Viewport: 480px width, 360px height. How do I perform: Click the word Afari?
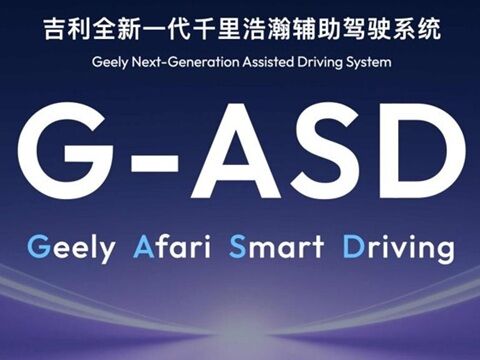pyautogui.click(x=170, y=245)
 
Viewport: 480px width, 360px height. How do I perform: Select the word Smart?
pyautogui.click(x=272, y=245)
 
